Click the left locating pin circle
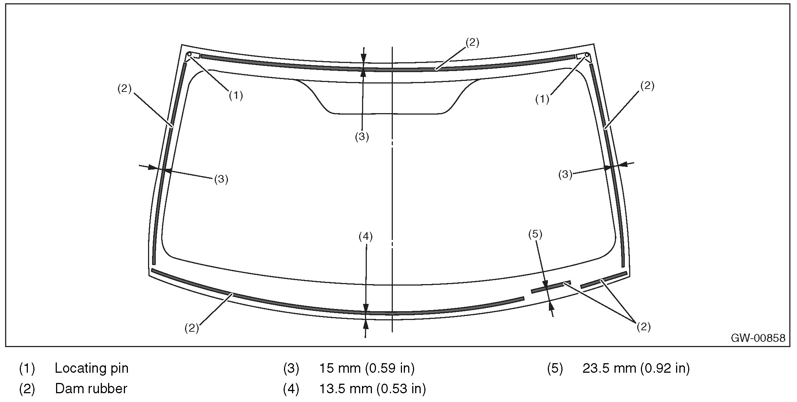pyautogui.click(x=189, y=55)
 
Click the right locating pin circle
pyautogui.click(x=587, y=55)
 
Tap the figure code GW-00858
pyautogui.click(x=758, y=338)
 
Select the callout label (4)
pyautogui.click(x=365, y=237)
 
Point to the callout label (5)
pyautogui.click(x=535, y=234)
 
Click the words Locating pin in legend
pyautogui.click(x=92, y=368)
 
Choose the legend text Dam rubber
pyautogui.click(x=91, y=388)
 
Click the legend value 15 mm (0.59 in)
pyautogui.click(x=367, y=368)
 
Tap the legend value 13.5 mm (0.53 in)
pyautogui.click(x=372, y=388)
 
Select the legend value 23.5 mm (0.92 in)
pyautogui.click(x=636, y=368)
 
